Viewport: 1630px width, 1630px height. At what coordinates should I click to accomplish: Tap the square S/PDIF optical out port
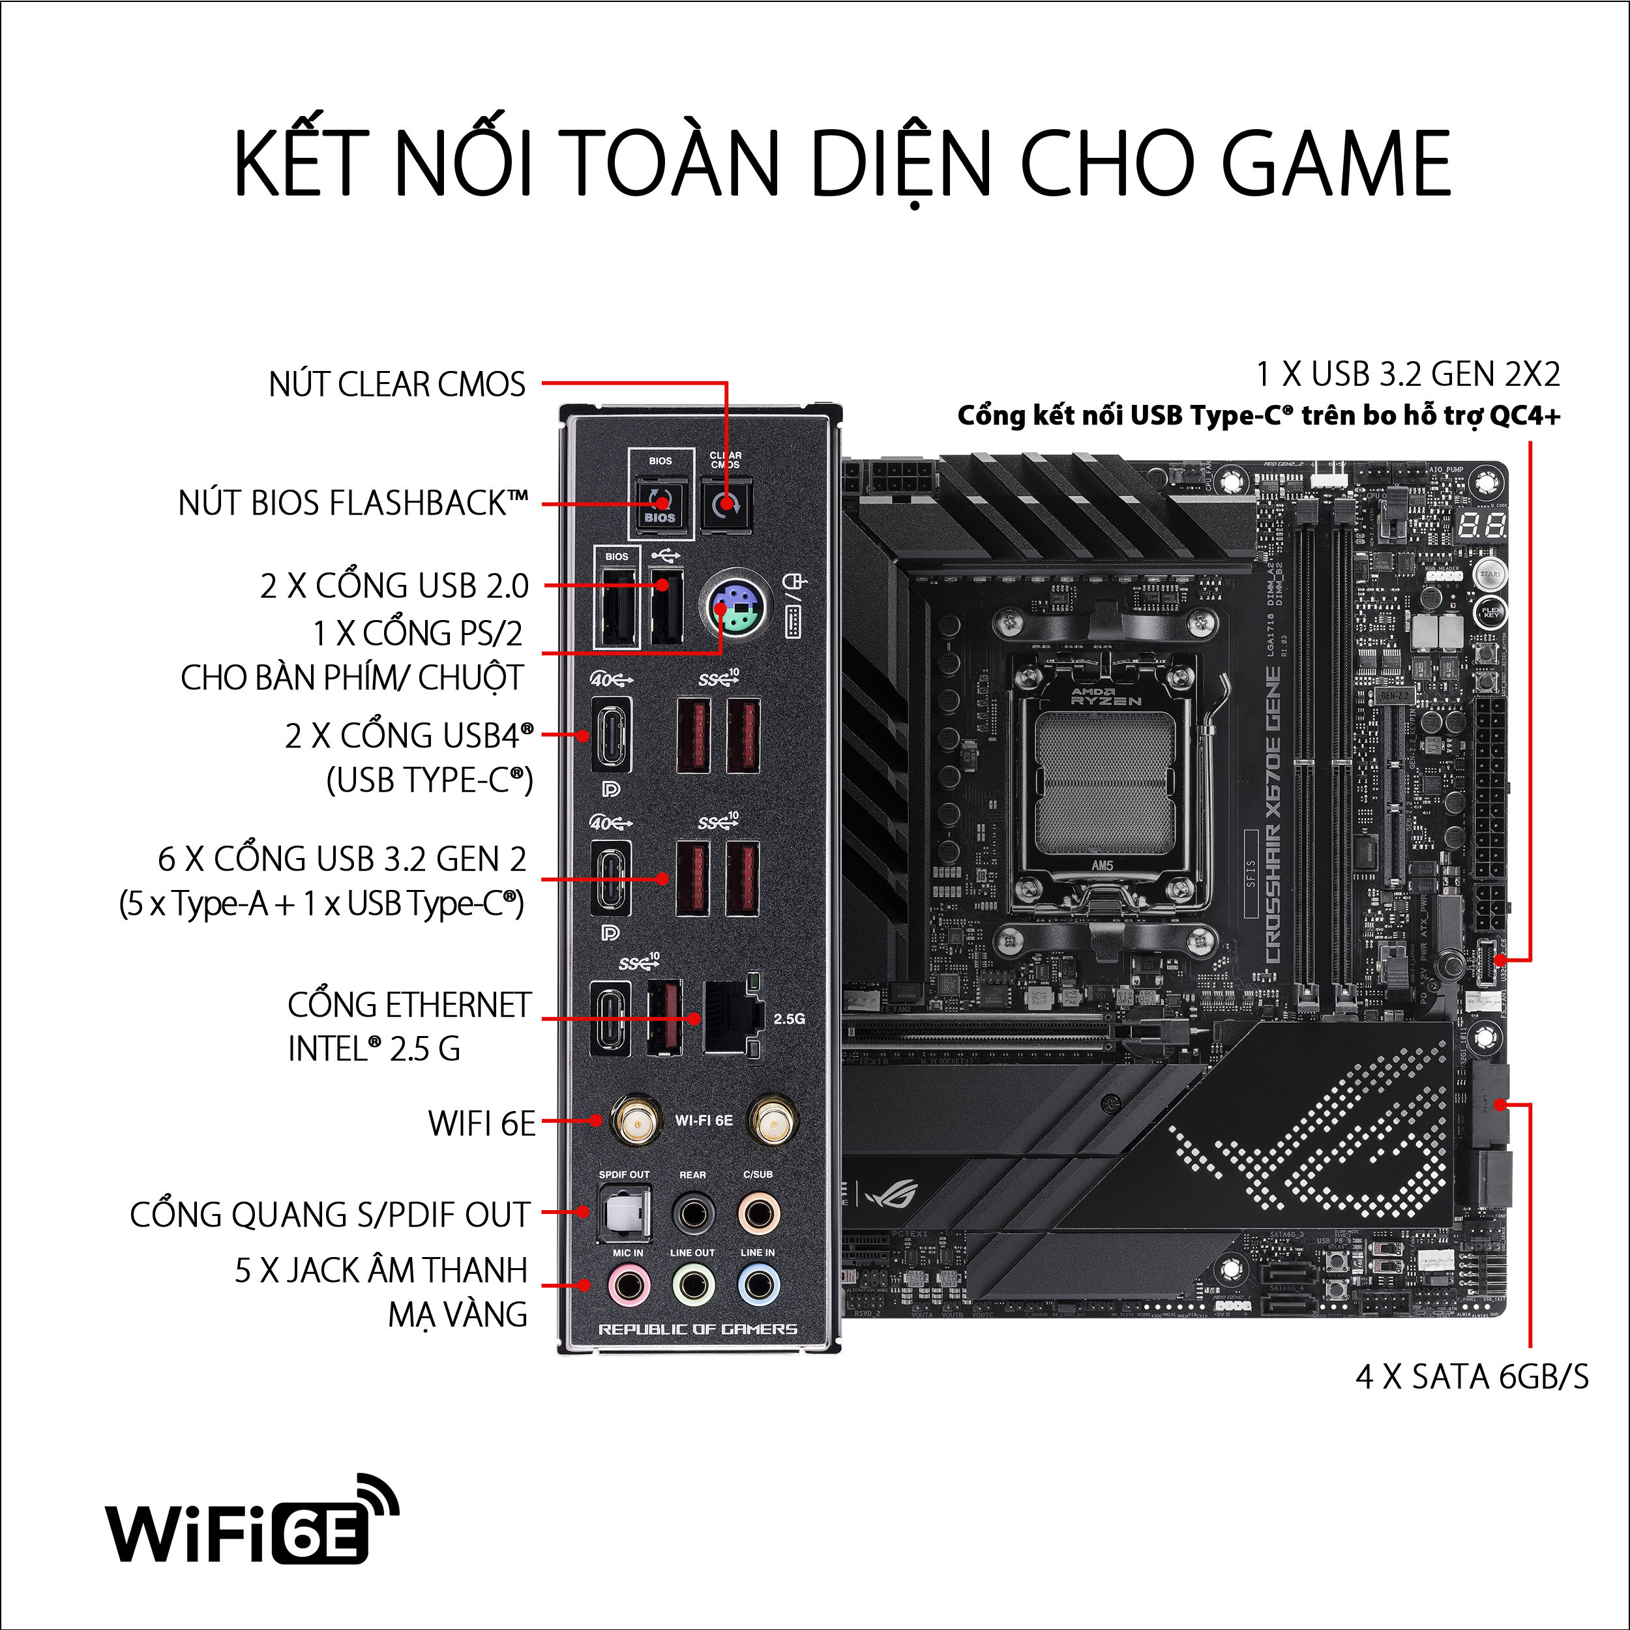pyautogui.click(x=625, y=1212)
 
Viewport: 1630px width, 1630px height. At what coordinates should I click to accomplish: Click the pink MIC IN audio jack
pyautogui.click(x=628, y=1286)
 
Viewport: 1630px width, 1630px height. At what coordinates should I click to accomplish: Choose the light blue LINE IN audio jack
pyautogui.click(x=758, y=1286)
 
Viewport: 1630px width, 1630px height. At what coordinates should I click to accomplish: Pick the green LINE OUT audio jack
pyautogui.click(x=692, y=1286)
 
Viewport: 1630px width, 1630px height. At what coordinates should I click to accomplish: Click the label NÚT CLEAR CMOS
pyautogui.click(x=396, y=384)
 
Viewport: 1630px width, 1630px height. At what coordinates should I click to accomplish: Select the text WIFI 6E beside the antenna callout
pyautogui.click(x=482, y=1123)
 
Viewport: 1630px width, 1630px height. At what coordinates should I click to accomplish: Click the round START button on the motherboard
pyautogui.click(x=1489, y=574)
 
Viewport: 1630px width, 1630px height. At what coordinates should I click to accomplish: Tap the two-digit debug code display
pyautogui.click(x=1483, y=526)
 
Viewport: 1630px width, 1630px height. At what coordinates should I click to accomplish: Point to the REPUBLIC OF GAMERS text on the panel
pyautogui.click(x=697, y=1329)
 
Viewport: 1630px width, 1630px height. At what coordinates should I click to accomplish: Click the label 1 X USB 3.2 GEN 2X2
pyautogui.click(x=1407, y=374)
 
